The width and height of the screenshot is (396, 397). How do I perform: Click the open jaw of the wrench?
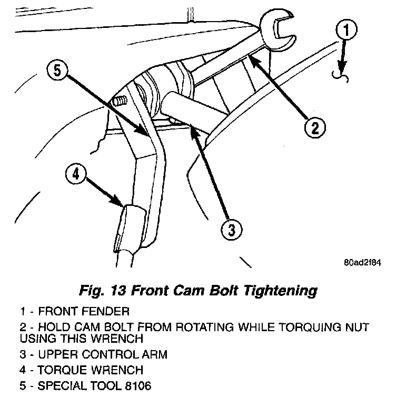click(279, 31)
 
